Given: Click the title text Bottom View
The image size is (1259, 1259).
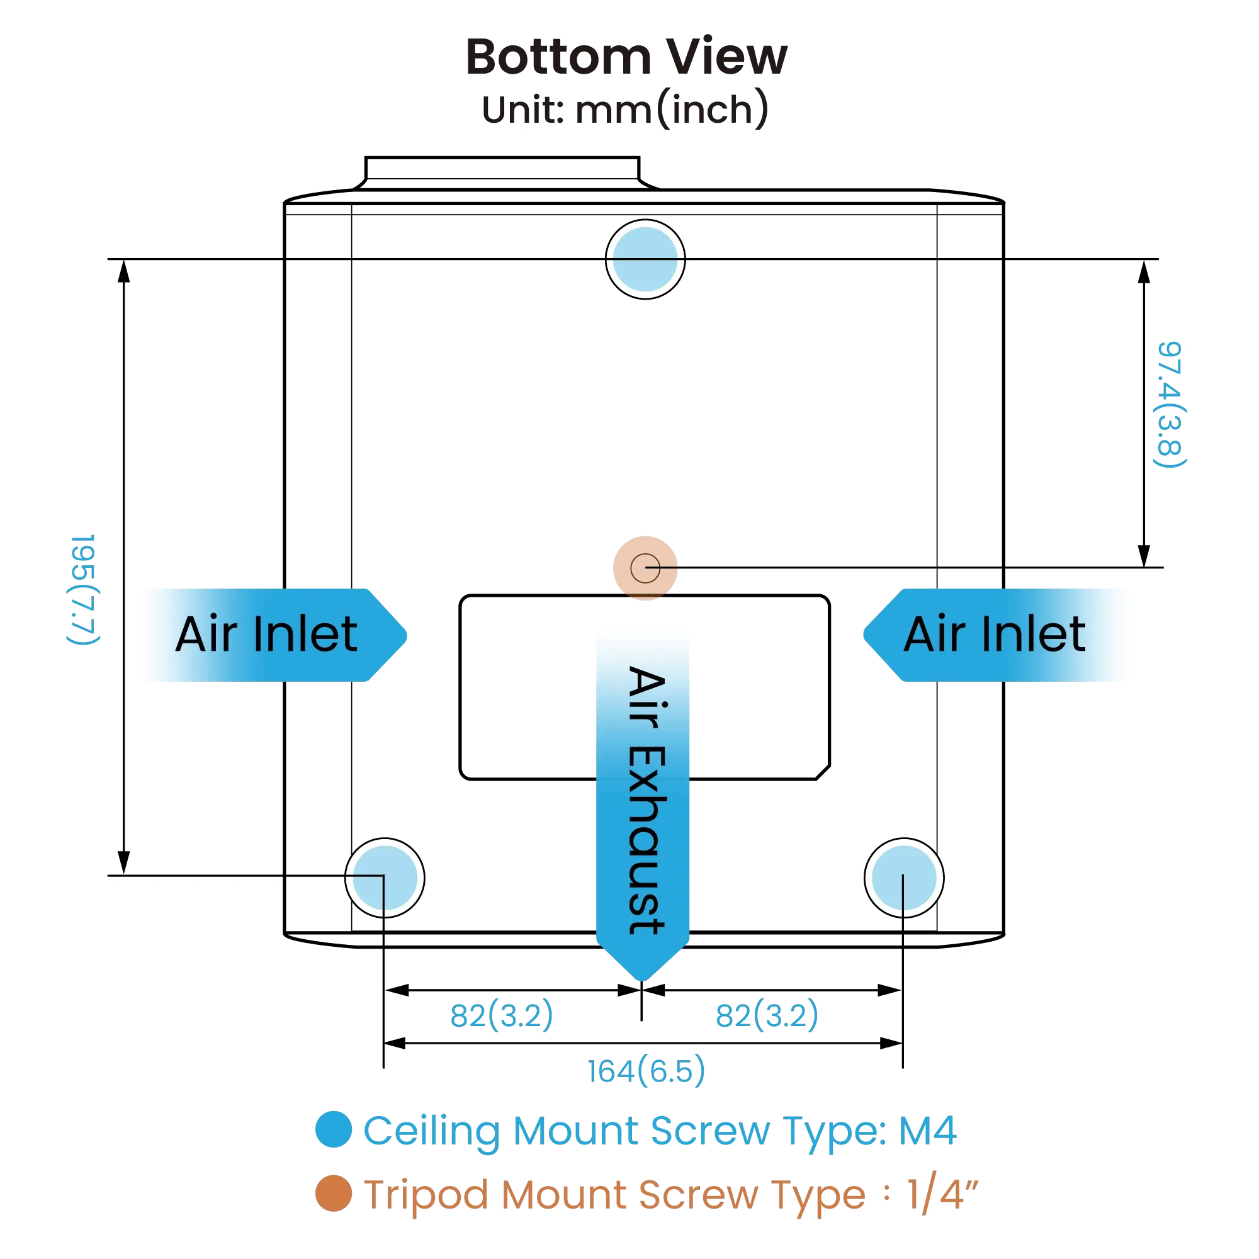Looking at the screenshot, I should click(626, 57).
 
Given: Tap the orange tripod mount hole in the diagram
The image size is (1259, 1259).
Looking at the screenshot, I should click(645, 568).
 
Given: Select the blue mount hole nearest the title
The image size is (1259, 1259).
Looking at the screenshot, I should click(645, 259).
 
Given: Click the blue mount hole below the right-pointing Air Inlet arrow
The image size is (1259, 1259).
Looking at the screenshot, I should click(385, 877).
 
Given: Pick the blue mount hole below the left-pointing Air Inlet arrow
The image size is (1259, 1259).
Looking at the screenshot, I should click(904, 877).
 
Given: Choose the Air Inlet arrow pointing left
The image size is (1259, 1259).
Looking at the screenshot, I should click(997, 634).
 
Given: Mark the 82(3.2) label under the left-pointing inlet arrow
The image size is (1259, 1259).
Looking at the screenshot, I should click(767, 1015).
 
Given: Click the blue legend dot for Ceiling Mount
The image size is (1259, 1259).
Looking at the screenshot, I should click(332, 1129).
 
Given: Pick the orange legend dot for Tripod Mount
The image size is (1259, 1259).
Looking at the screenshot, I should click(332, 1193).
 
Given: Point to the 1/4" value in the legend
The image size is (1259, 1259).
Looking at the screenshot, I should click(942, 1193).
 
